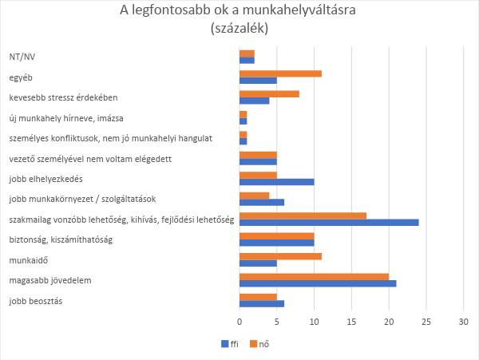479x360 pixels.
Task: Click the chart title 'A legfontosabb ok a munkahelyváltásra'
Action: [x=239, y=11]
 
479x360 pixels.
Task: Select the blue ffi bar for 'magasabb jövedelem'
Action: [x=318, y=284]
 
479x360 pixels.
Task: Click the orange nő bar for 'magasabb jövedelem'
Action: [x=315, y=276]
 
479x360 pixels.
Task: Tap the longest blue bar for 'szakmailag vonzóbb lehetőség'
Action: [x=329, y=223]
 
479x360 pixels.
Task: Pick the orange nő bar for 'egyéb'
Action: [x=280, y=73]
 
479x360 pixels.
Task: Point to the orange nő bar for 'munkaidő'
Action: [x=280, y=256]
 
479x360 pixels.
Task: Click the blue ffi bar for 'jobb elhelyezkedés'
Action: [x=277, y=182]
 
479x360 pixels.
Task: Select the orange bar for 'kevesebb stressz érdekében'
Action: [x=269, y=93]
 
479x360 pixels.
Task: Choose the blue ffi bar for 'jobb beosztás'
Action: [x=262, y=304]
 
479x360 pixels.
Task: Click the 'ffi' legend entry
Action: [x=229, y=344]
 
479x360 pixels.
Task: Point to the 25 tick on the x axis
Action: [x=426, y=322]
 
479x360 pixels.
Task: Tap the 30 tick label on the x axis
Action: [x=463, y=322]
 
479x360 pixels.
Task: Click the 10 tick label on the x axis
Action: [x=315, y=322]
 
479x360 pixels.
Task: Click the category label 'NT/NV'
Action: [x=22, y=57]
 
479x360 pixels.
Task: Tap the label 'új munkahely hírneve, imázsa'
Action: [x=66, y=118]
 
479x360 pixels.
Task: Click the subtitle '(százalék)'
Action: [x=239, y=28]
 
